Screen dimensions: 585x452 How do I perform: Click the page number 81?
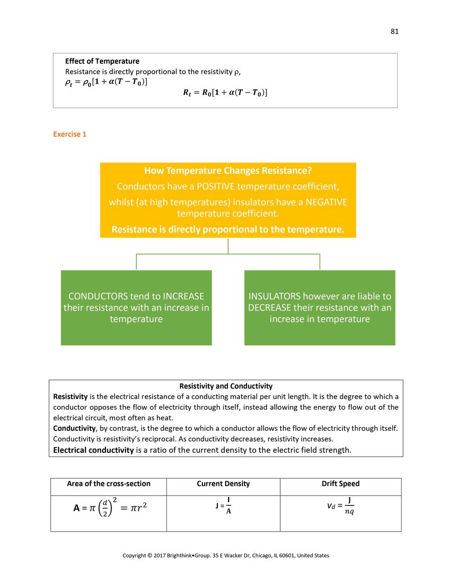[394, 31]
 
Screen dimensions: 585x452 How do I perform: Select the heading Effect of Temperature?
[102, 61]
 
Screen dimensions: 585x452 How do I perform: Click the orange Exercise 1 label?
[70, 134]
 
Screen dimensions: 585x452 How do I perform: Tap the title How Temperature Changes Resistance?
[228, 171]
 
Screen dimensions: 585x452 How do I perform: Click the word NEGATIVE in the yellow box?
[326, 202]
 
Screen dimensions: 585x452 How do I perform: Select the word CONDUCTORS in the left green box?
[98, 296]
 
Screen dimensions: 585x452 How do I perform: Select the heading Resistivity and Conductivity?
[226, 386]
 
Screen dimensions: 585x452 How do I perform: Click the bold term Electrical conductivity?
[94, 450]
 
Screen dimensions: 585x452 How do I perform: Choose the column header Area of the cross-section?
[108, 484]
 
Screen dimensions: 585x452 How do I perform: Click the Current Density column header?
[223, 484]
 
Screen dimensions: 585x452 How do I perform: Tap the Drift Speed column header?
[340, 484]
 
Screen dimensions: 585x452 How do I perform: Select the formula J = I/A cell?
[224, 506]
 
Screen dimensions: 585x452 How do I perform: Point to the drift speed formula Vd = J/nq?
[340, 506]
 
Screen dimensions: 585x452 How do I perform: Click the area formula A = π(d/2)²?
[110, 508]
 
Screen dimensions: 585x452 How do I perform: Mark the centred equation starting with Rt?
[225, 93]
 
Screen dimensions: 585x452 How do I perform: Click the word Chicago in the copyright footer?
[264, 556]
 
